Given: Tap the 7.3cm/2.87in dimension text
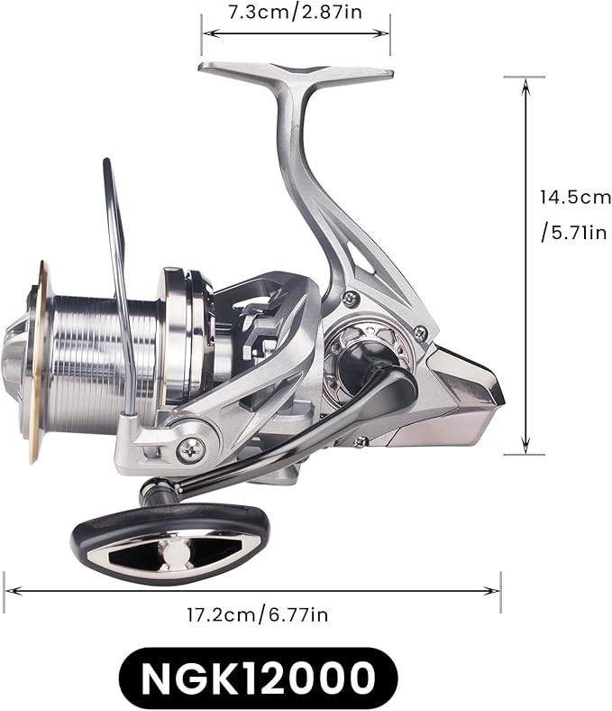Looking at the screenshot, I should [x=295, y=13].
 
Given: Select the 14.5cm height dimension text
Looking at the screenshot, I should [x=575, y=197].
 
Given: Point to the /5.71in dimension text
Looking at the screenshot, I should [x=573, y=233].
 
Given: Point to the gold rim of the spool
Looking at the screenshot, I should [x=37, y=361].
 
